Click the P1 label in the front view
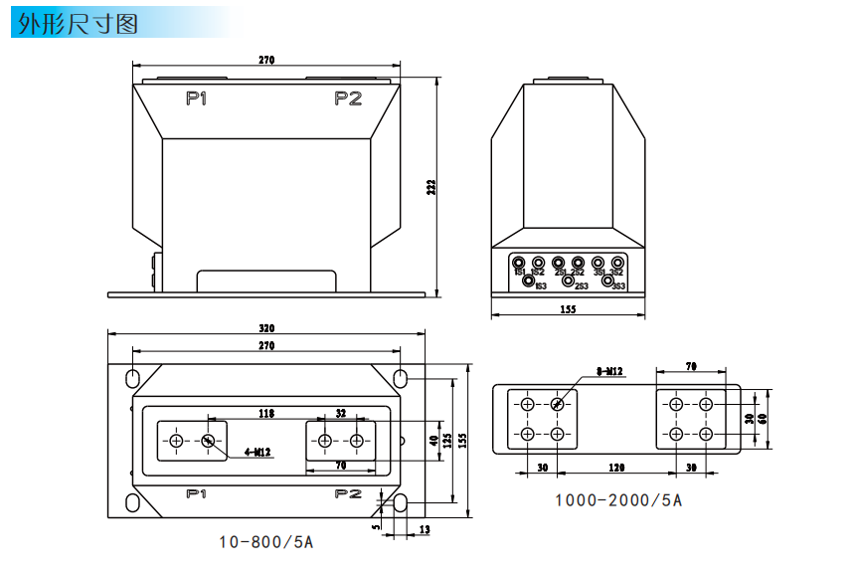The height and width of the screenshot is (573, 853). point(196,98)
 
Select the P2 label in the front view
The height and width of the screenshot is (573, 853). point(348,98)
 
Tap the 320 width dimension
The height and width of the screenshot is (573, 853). point(266,328)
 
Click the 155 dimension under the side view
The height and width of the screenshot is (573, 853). point(568,309)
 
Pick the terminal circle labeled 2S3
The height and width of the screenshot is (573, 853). point(569,282)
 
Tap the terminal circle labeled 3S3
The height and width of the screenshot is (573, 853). point(607,282)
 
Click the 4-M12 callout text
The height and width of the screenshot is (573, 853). point(257,452)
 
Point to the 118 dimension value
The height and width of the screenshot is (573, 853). point(266,412)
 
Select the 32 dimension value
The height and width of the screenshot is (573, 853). point(341,412)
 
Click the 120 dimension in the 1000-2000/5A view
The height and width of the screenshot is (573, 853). point(616,467)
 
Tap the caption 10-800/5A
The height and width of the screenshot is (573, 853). point(266,542)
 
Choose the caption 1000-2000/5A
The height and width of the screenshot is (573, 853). point(618,499)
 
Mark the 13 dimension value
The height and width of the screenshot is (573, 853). point(425,529)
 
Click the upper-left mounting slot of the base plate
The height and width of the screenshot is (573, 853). point(132,379)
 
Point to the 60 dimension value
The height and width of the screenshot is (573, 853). point(763,419)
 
